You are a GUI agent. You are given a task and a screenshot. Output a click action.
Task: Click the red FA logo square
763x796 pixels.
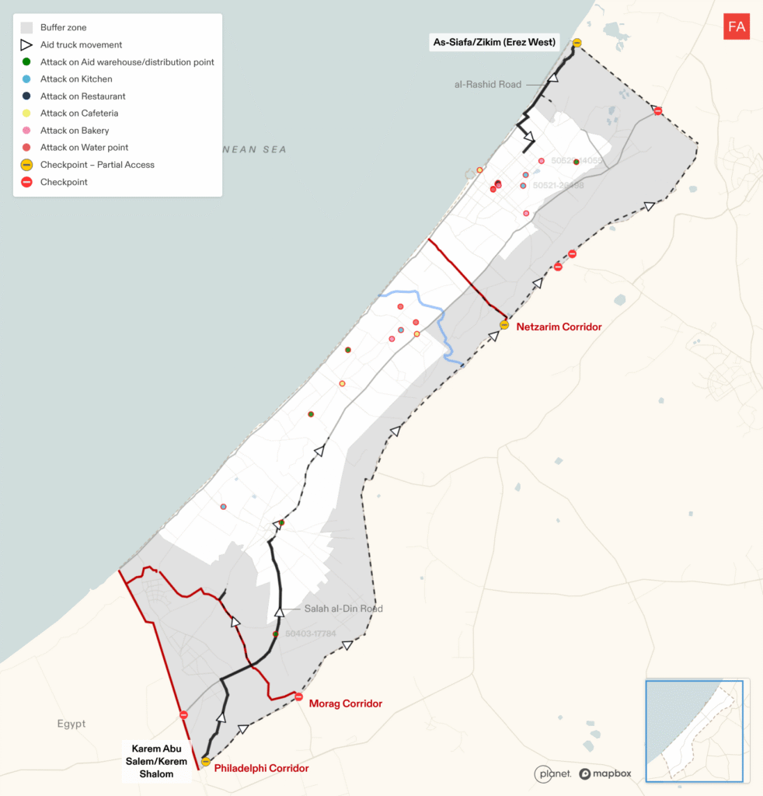click(x=736, y=27)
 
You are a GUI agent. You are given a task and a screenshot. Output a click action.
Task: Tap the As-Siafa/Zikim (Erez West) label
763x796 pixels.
click(x=494, y=42)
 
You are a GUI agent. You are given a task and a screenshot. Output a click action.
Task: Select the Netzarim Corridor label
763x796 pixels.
click(x=559, y=327)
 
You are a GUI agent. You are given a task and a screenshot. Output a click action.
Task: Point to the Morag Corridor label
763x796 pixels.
click(x=346, y=703)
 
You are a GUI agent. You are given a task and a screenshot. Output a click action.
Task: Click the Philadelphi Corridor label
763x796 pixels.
click(x=261, y=768)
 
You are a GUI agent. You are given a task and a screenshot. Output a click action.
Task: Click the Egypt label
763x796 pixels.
click(x=71, y=724)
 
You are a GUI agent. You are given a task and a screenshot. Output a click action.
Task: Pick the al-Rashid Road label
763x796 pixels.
click(x=488, y=84)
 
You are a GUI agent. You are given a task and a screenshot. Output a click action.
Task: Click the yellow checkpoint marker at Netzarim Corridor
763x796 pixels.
click(x=504, y=325)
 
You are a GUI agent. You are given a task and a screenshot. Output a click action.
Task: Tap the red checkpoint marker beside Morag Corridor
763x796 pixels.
click(x=299, y=696)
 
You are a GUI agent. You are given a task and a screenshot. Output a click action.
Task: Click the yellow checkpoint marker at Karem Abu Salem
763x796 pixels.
click(x=206, y=762)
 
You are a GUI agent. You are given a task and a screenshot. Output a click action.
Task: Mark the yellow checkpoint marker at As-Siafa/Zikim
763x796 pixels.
click(x=577, y=44)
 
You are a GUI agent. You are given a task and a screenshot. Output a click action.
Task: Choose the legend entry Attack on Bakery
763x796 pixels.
click(x=75, y=131)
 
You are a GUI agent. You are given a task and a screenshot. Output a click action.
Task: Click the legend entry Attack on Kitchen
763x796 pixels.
click(x=76, y=79)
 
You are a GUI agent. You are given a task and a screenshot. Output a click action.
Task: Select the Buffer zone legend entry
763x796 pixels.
click(x=63, y=27)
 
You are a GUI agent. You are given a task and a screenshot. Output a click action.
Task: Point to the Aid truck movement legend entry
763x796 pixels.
click(x=81, y=45)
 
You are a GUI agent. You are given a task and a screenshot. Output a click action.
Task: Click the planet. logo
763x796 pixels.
click(x=553, y=773)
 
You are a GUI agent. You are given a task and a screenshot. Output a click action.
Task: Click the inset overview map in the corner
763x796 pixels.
click(x=694, y=730)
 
